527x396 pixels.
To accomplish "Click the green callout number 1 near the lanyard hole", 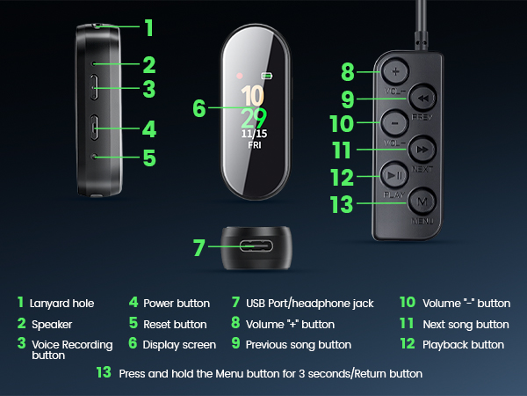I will (148, 27).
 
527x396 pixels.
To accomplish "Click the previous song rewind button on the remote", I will (423, 98).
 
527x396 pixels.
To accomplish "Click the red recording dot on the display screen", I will (239, 76).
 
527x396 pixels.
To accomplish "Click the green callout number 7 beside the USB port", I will (199, 247).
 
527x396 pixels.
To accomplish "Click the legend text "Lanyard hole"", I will (62, 304).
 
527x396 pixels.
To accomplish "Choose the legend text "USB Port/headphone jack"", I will (309, 304).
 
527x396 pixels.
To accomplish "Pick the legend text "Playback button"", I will (463, 345).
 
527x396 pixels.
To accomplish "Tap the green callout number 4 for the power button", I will (148, 128).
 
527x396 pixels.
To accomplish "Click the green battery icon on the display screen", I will (267, 77).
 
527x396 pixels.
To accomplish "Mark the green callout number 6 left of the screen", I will (199, 108).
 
